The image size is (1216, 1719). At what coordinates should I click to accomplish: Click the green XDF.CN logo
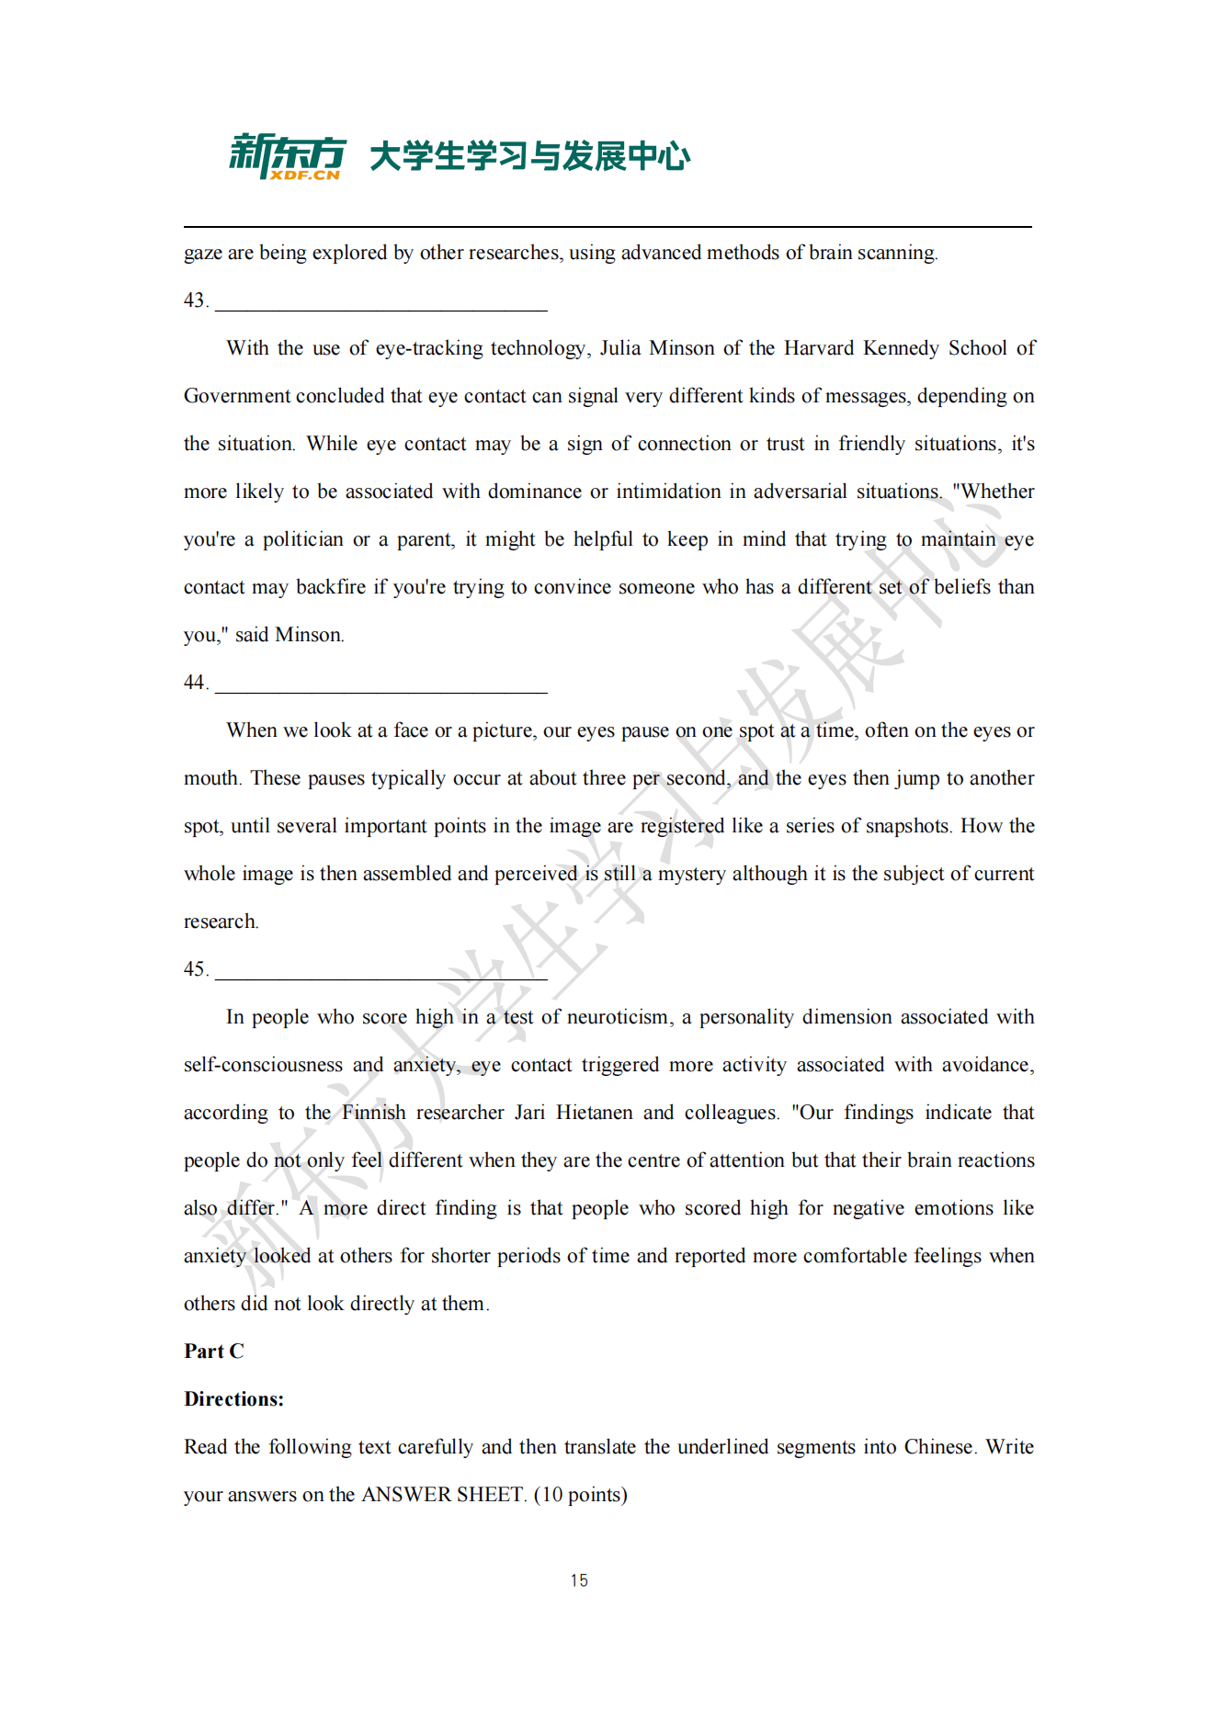(288, 156)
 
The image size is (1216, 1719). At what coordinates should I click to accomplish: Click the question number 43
(194, 300)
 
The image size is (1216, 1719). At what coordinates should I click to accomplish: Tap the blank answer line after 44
(381, 690)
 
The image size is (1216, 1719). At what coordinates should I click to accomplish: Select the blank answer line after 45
(381, 977)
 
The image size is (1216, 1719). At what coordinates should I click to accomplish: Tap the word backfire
(330, 587)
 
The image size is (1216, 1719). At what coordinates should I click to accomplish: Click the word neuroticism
(619, 1017)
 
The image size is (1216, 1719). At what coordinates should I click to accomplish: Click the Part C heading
(213, 1351)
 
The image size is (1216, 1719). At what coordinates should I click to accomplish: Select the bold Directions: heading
(233, 1399)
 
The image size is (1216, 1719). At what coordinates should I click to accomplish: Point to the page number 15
(579, 1580)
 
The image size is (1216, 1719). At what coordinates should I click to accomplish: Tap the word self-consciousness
(263, 1065)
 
